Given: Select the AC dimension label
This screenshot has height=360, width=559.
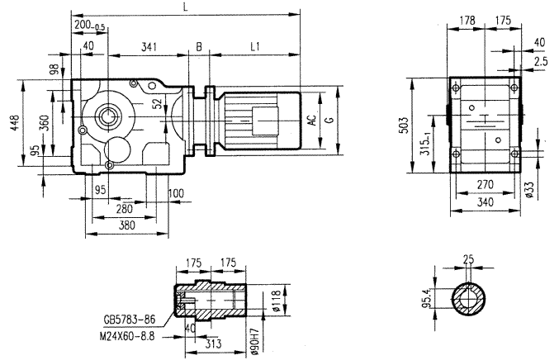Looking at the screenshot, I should tap(311, 120).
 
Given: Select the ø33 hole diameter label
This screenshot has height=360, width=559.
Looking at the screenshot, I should tap(528, 192).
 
